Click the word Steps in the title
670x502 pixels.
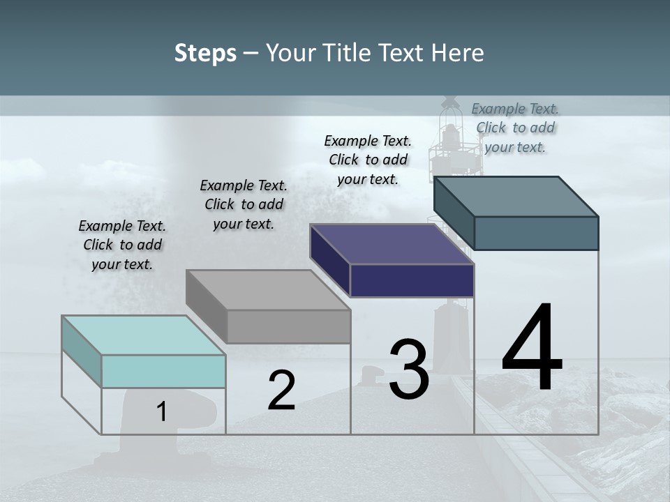pyautogui.click(x=205, y=53)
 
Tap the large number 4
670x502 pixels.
pyautogui.click(x=532, y=348)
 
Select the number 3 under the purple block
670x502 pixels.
pyautogui.click(x=409, y=370)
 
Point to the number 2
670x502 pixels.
pyautogui.click(x=281, y=390)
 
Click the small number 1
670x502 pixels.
pyautogui.click(x=162, y=412)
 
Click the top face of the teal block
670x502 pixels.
pyautogui.click(x=144, y=335)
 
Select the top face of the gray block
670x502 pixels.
pyautogui.click(x=268, y=289)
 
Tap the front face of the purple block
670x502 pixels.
pyautogui.click(x=412, y=280)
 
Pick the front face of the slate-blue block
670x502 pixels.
pyautogui.click(x=536, y=233)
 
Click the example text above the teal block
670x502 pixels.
pyautogui.click(x=122, y=245)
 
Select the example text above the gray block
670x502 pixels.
pyautogui.click(x=244, y=204)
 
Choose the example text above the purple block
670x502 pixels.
pyautogui.click(x=368, y=160)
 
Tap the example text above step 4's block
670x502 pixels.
pyautogui.click(x=515, y=128)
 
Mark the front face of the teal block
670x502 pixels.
pyautogui.click(x=163, y=371)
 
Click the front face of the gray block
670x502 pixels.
pyautogui.click(x=288, y=326)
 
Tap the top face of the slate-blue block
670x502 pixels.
pyautogui.click(x=516, y=196)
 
